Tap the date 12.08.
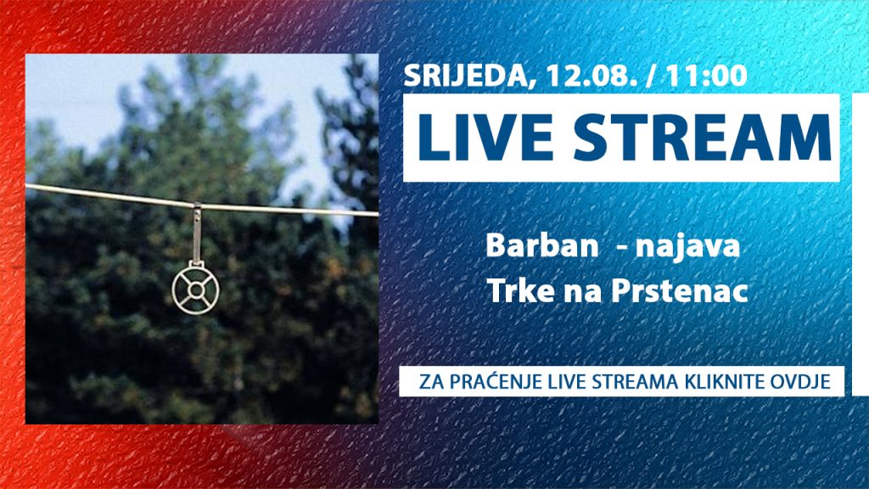point(591,76)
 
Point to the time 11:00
point(707,76)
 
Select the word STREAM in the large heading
point(702,138)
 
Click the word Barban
point(541,245)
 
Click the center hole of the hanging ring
point(196,289)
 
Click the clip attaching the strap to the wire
point(197,207)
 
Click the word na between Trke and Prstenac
point(583,293)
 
